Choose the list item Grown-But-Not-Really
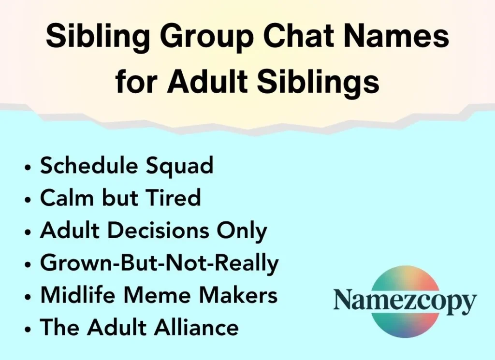(x=160, y=263)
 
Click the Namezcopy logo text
(x=405, y=302)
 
